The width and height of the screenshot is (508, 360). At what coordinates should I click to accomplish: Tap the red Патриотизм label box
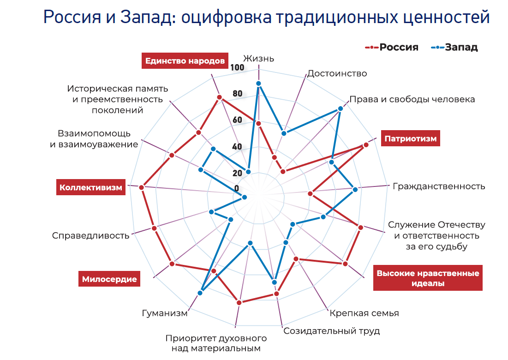[410, 138]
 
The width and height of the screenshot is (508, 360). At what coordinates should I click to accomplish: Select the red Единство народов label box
[185, 60]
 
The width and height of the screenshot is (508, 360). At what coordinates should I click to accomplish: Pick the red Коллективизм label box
[91, 187]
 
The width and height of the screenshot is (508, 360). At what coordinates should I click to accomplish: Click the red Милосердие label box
[109, 279]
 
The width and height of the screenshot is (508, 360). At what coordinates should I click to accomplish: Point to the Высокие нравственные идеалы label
[428, 278]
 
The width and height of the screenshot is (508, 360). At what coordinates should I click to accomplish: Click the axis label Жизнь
[259, 59]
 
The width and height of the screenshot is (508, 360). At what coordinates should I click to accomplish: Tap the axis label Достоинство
[337, 73]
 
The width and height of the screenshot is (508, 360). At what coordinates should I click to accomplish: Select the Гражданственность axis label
[439, 186]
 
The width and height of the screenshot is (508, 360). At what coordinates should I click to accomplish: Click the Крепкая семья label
[364, 313]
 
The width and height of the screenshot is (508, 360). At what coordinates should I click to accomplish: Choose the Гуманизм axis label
[165, 313]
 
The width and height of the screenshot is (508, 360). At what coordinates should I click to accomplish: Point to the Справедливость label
[90, 235]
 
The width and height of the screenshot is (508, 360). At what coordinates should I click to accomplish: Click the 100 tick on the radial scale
[237, 68]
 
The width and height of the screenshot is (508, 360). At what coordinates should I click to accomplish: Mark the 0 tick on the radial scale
[237, 188]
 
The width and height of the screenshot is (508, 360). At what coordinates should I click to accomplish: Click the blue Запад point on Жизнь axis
[259, 84]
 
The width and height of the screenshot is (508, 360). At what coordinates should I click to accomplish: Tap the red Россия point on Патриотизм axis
[366, 145]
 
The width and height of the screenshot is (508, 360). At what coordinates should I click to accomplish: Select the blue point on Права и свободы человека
[341, 108]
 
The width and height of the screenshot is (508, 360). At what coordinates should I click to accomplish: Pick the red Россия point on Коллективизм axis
[142, 187]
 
